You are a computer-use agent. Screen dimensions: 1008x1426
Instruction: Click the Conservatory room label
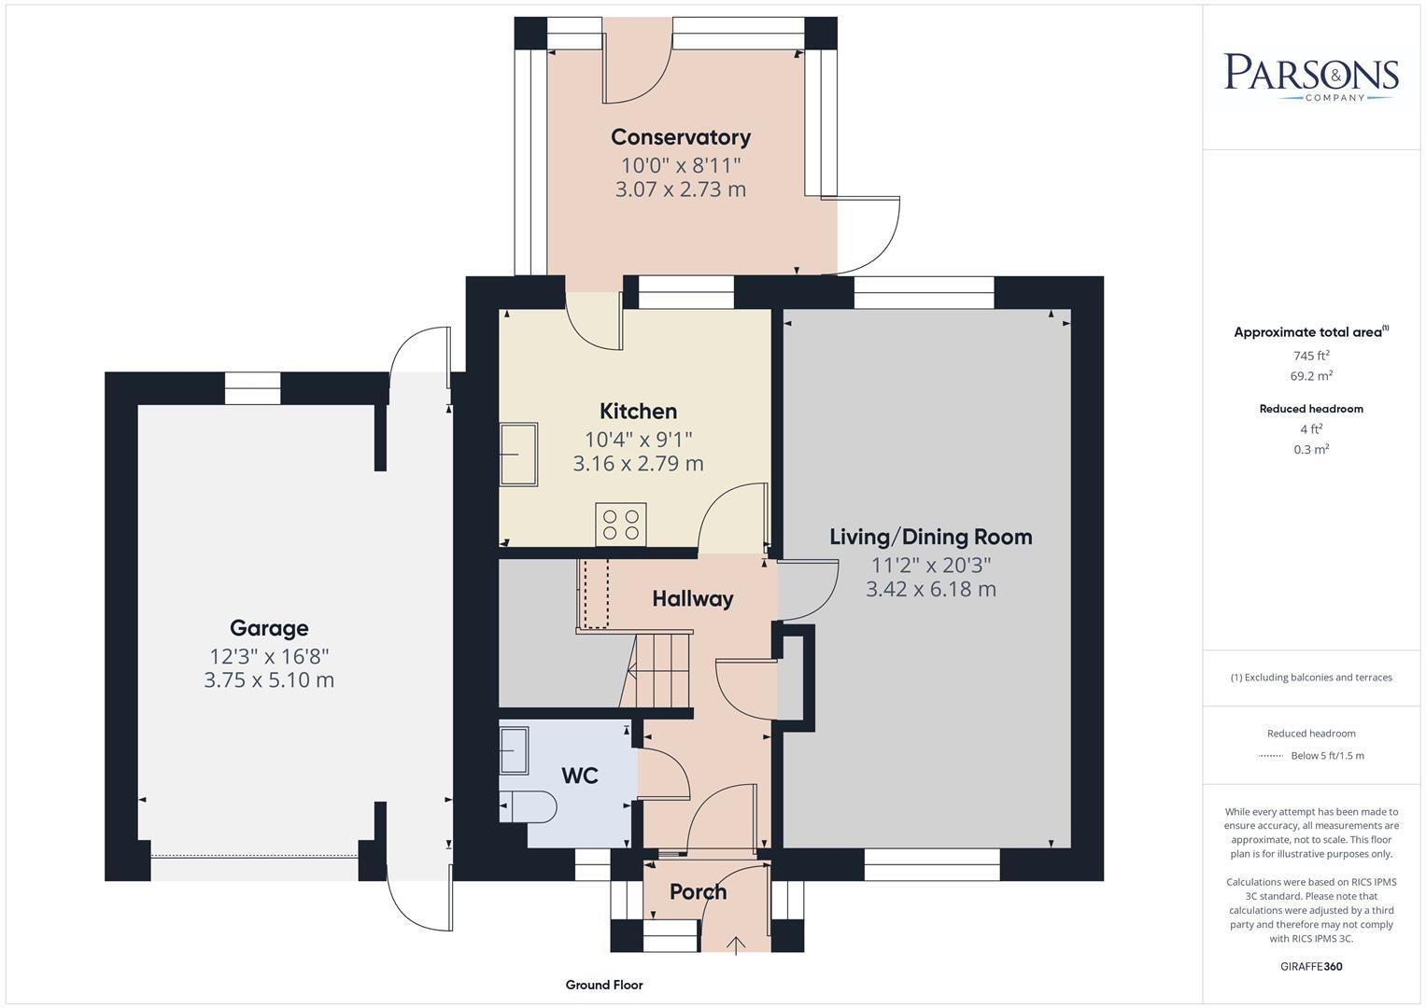(680, 137)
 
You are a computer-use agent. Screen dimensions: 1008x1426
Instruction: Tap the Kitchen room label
(638, 412)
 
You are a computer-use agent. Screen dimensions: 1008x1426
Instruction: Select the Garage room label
(269, 628)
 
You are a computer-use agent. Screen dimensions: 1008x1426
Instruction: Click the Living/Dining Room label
(930, 537)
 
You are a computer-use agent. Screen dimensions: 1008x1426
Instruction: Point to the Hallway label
(692, 599)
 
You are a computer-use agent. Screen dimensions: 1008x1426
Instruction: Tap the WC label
(579, 776)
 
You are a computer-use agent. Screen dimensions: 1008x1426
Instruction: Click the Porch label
(698, 892)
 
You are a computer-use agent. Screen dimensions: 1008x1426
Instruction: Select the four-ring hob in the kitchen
(621, 524)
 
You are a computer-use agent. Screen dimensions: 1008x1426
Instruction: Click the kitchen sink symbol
(518, 455)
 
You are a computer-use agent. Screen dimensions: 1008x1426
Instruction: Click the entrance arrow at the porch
(736, 945)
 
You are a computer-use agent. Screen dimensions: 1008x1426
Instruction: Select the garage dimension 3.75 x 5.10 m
(269, 680)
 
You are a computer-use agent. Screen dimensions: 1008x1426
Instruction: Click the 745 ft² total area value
(1311, 356)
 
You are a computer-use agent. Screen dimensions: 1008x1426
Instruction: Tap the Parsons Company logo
(1311, 76)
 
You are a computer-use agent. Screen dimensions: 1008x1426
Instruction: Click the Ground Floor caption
(604, 985)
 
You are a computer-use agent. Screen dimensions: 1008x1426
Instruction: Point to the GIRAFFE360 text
(1311, 966)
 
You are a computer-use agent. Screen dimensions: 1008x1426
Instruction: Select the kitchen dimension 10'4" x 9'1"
(638, 439)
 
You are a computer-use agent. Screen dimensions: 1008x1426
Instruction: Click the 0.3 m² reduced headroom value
(1311, 449)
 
